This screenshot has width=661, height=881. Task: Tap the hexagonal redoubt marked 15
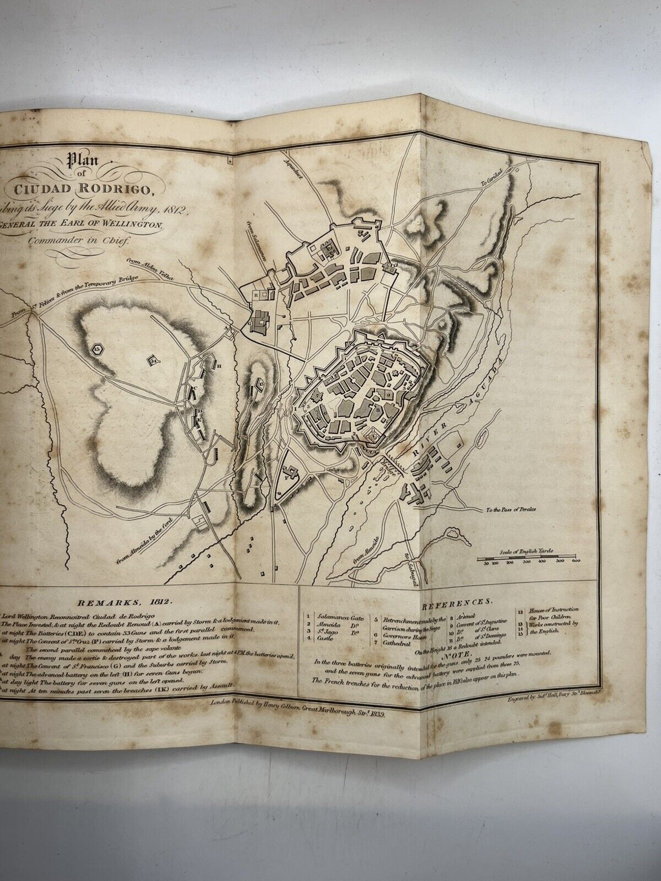click(x=98, y=349)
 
